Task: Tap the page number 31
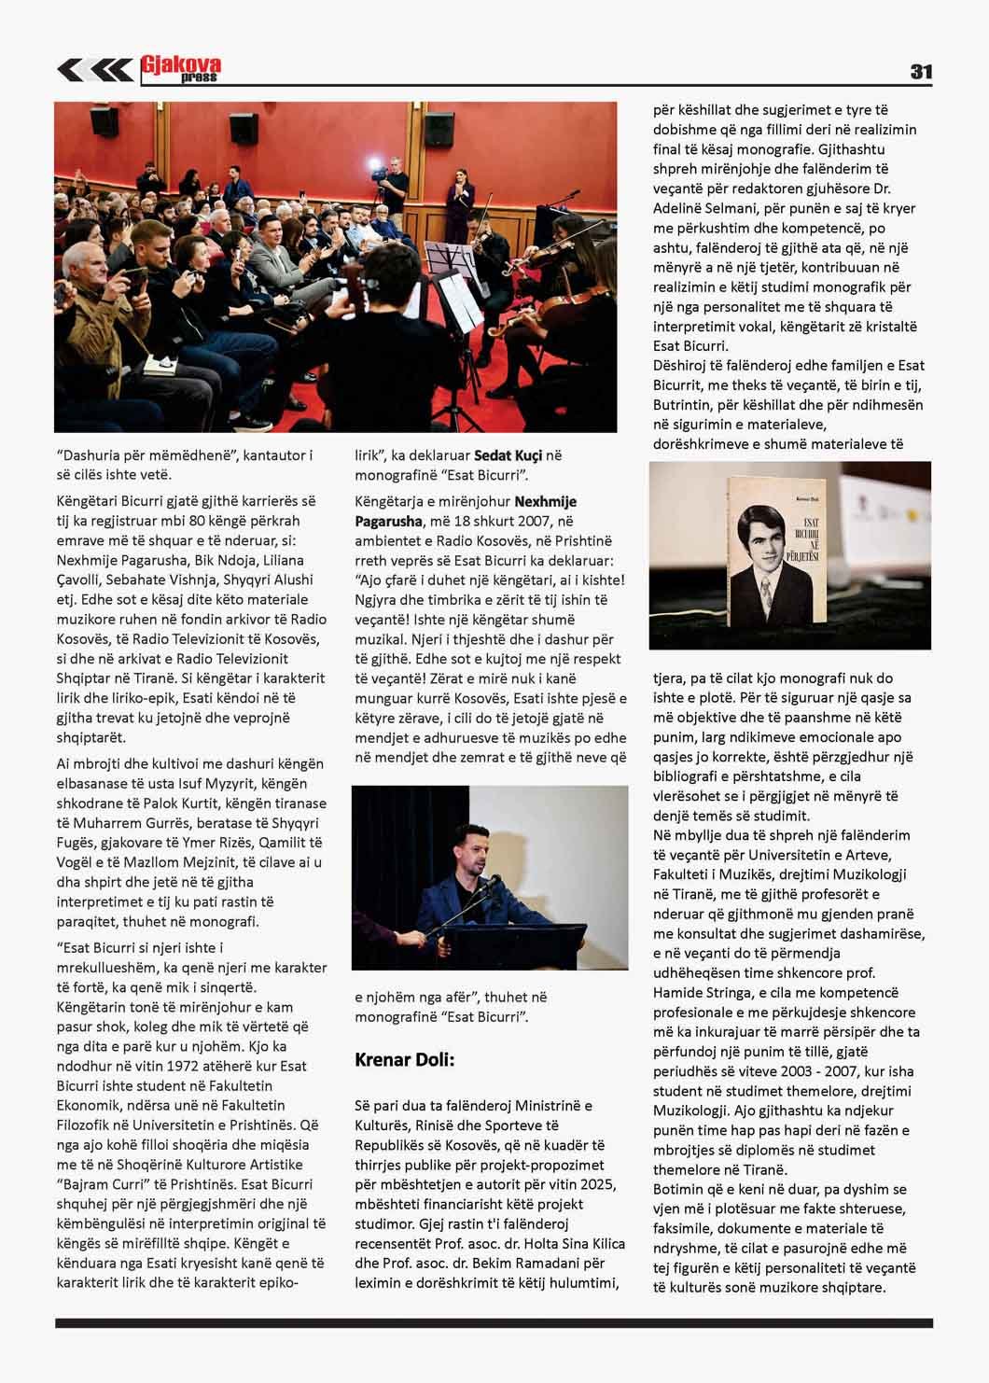920,72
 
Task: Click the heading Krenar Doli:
404,1059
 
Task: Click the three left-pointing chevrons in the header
94,70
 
